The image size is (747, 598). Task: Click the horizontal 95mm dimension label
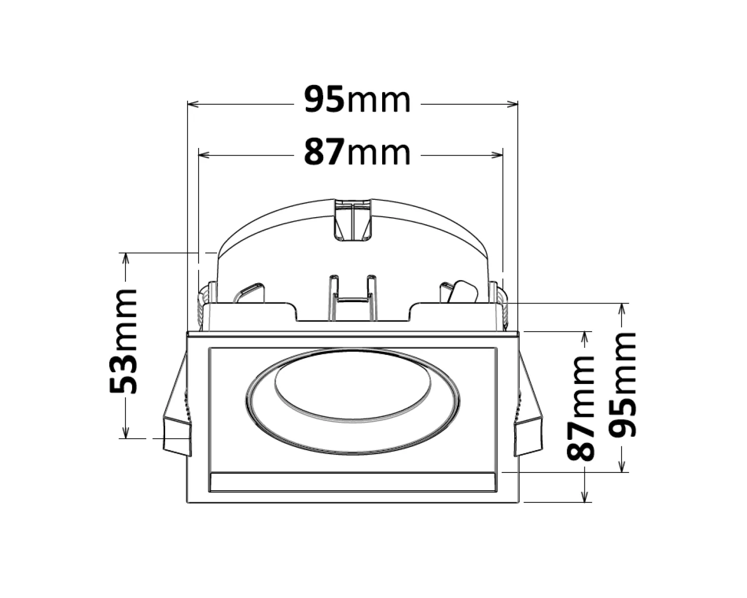tap(358, 100)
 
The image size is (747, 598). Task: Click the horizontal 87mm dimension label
tap(358, 152)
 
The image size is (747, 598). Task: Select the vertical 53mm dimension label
tap(123, 341)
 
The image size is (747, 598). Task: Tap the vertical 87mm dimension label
tap(580, 408)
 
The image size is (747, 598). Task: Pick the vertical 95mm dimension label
tap(623, 384)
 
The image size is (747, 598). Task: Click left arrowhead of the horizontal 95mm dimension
tap(193, 104)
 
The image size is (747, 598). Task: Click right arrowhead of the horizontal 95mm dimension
tap(512, 104)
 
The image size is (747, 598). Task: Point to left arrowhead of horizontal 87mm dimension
tap(204, 155)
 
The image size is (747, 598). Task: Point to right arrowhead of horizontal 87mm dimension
tap(497, 155)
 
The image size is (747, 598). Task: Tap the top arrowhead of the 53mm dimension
tap(126, 259)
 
